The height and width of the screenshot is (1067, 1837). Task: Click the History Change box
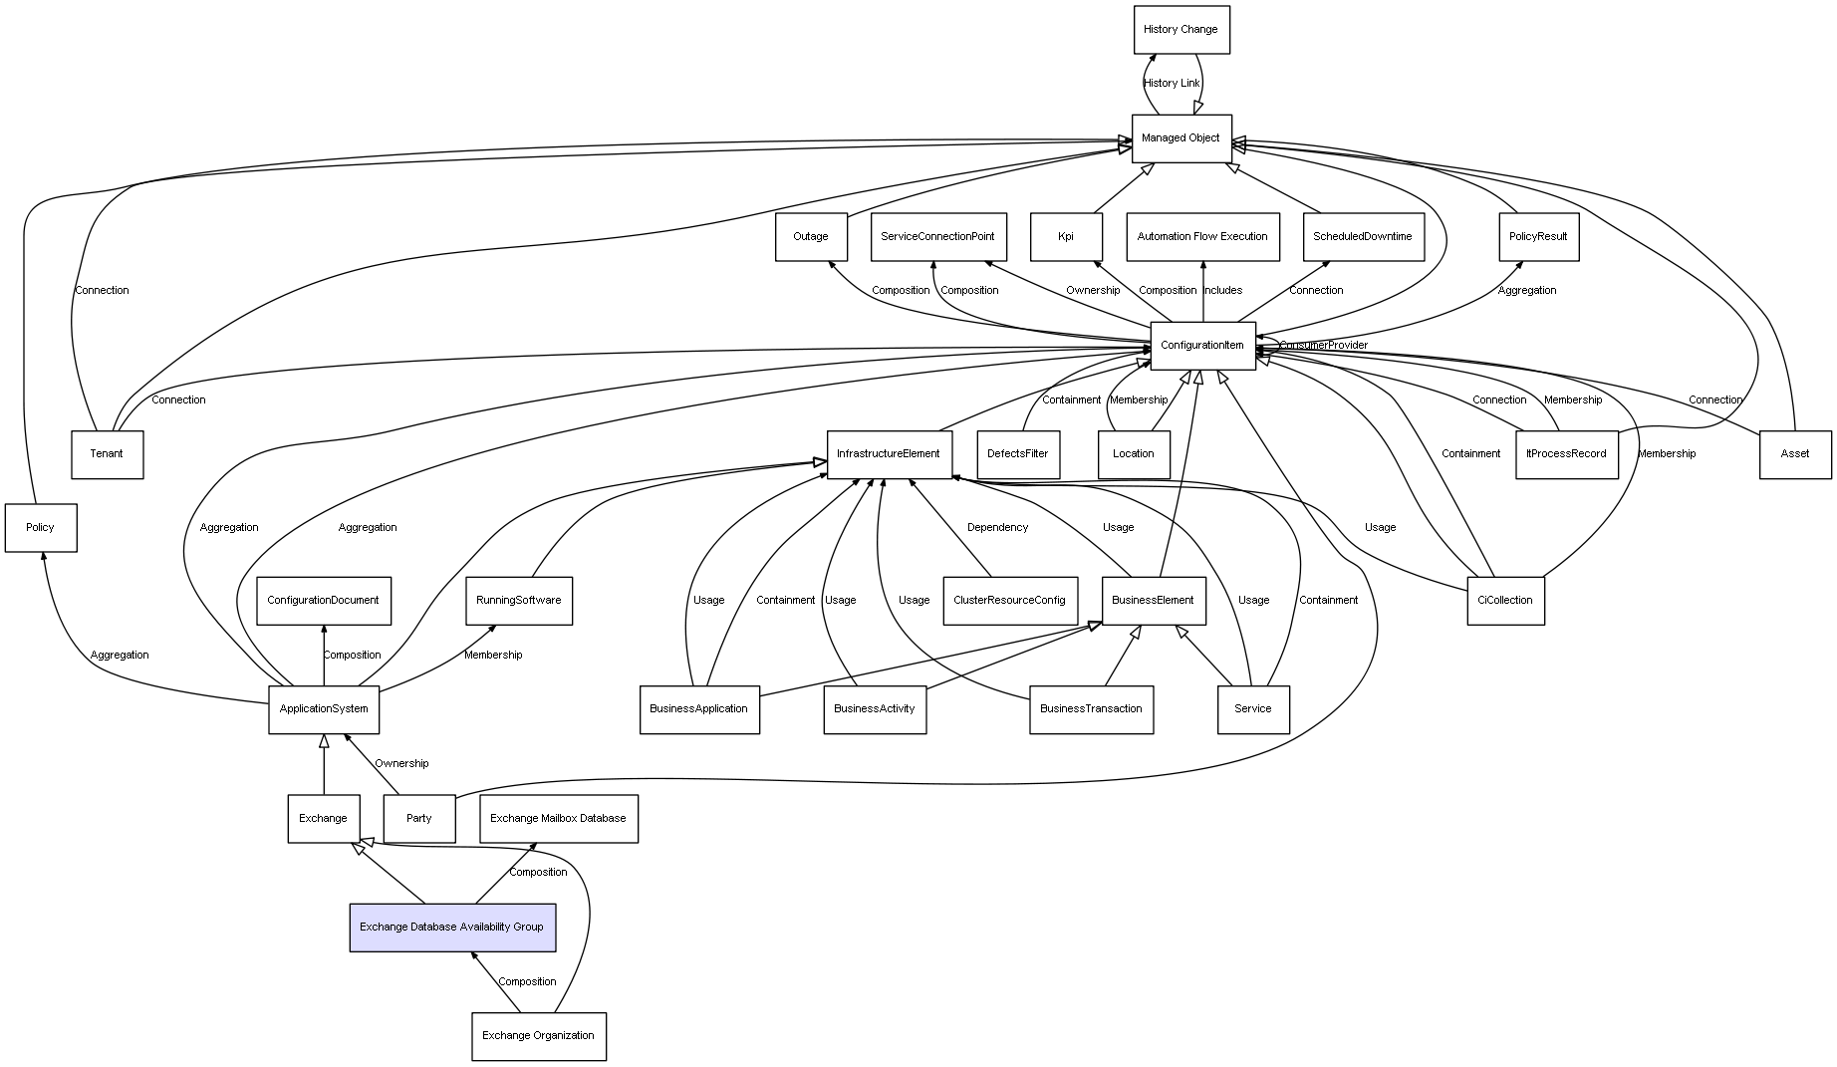1181,30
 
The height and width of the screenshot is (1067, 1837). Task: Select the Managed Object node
1181,138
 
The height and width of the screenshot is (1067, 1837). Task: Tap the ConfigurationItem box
1202,346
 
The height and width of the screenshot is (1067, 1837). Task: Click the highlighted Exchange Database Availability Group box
452,928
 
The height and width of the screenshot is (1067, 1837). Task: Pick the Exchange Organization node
538,1036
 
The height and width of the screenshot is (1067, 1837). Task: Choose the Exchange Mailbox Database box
558,819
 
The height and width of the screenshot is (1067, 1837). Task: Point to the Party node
419,819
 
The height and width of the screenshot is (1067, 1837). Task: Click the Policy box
41,528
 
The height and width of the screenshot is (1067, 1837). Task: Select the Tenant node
107,454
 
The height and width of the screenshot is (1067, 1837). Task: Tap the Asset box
1795,454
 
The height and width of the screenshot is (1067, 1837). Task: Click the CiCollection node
1505,601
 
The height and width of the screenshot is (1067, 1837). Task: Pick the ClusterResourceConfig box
1009,601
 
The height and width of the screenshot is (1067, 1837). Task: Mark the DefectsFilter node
1018,454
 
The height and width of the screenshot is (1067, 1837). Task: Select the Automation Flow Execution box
1202,237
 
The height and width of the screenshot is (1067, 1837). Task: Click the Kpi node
1066,237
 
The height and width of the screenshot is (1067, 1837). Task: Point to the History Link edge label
1172,84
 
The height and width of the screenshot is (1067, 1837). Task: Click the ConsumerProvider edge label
1323,346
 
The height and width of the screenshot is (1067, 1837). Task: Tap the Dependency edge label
997,528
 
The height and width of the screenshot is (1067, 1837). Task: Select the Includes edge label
1222,291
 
